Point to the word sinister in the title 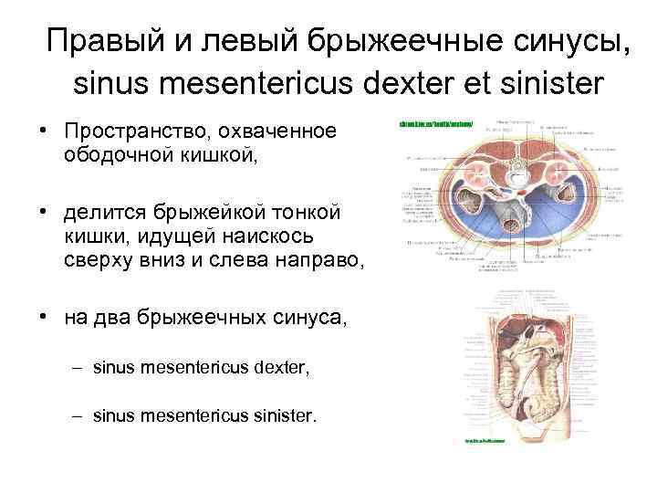point(551,84)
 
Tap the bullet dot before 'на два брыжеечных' point(43,317)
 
